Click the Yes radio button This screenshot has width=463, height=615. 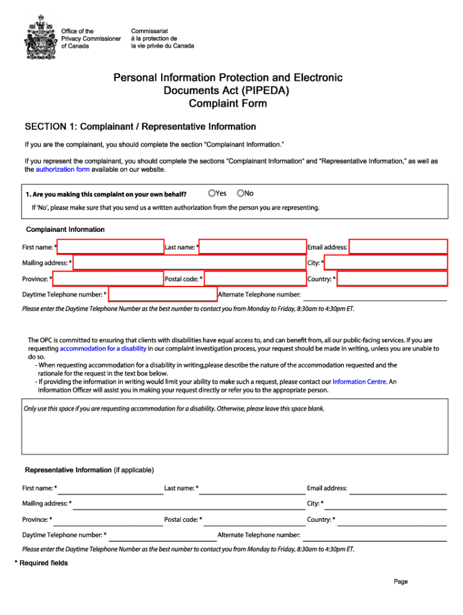[212, 193]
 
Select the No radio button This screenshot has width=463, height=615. [241, 193]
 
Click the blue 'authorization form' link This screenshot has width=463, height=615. [63, 170]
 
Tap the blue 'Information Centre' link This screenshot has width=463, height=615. [360, 381]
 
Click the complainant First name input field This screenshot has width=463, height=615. [110, 247]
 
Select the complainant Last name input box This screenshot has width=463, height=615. [253, 247]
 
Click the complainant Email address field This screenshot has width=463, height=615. [398, 247]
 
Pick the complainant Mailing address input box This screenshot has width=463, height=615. [189, 262]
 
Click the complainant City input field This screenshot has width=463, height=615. [386, 262]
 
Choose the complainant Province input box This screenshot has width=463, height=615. [108, 279]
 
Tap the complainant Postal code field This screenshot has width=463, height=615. [255, 279]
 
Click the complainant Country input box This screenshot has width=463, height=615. [392, 279]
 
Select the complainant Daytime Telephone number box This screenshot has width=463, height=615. [162, 294]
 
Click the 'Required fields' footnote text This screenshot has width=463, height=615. [43, 563]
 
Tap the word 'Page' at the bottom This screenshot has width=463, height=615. [401, 581]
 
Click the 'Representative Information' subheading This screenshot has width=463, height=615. [68, 470]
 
